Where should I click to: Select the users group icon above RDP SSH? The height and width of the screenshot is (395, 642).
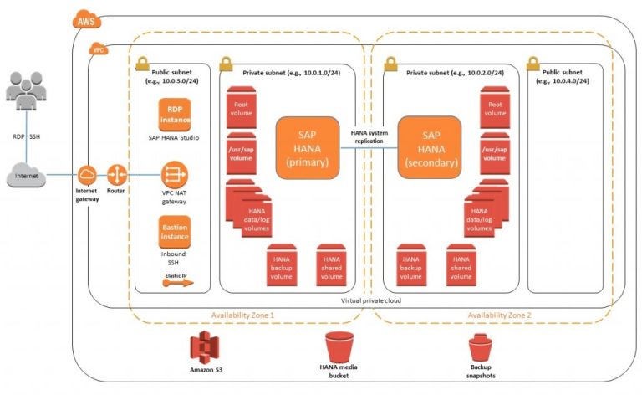(28, 90)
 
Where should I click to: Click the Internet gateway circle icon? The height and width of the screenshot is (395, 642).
(88, 175)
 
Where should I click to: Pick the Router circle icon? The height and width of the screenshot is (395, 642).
(116, 175)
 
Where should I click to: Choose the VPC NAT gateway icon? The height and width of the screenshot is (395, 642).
(175, 175)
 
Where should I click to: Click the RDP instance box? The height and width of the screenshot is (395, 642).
(175, 114)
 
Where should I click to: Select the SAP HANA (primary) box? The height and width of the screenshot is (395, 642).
(307, 147)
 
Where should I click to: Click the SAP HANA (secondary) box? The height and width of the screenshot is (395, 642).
(430, 147)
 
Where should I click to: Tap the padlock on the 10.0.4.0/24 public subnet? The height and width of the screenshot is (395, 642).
(532, 64)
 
